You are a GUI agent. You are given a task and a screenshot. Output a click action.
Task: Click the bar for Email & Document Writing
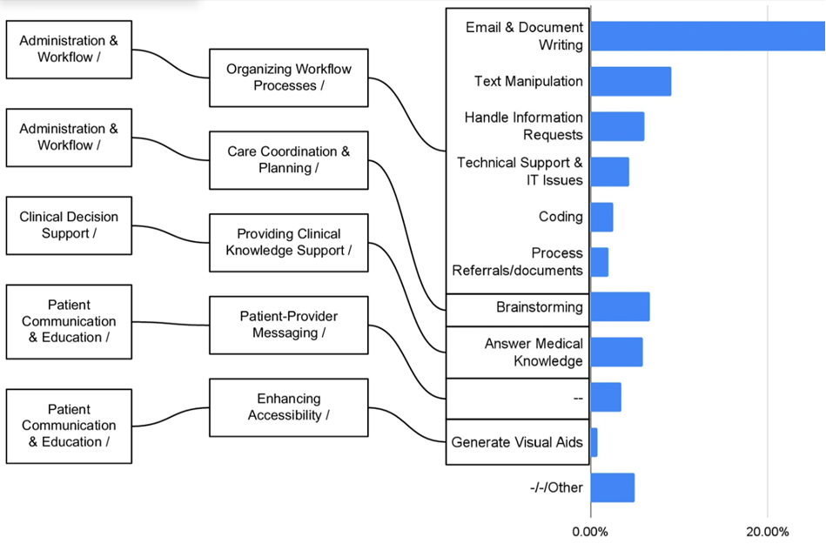point(707,36)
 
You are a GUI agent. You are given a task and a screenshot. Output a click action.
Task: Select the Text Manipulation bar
point(630,81)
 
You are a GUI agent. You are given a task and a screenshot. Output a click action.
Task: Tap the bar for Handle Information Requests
point(617,126)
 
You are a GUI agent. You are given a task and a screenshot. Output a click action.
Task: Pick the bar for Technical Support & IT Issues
point(609,171)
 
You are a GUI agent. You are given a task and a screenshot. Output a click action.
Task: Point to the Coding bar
point(601,217)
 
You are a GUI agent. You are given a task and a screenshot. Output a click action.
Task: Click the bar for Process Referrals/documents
point(599,262)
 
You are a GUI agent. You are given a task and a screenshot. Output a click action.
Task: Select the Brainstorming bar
point(620,307)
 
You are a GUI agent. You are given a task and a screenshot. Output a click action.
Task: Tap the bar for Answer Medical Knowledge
point(616,352)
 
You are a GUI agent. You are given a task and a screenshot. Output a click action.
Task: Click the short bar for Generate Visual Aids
point(594,442)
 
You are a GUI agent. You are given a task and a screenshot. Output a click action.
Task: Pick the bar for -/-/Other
point(612,487)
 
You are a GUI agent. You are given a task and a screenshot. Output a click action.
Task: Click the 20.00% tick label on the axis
point(768,531)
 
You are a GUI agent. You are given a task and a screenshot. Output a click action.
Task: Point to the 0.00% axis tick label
point(590,531)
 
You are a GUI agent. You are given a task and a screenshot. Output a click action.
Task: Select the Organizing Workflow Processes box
point(288,77)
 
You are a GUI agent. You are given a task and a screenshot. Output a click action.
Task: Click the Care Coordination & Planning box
point(288,160)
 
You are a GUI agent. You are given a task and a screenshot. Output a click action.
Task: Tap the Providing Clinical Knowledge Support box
point(288,242)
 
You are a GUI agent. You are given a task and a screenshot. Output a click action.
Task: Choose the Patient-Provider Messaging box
point(288,325)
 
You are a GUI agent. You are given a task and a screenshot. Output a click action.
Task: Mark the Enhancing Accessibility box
point(288,407)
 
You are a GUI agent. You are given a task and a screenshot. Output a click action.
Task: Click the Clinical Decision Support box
point(69,225)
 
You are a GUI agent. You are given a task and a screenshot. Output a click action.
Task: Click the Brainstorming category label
point(540,307)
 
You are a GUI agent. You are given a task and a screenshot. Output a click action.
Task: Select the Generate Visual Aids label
point(517,442)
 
